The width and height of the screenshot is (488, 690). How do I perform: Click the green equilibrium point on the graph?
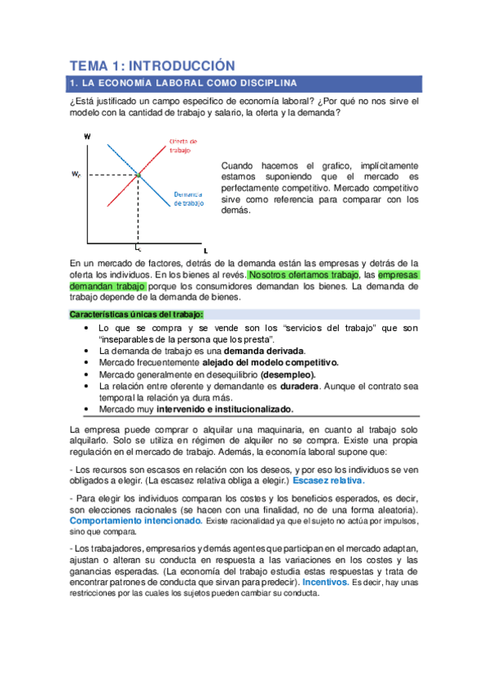click(138, 175)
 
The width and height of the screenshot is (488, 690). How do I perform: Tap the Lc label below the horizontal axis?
click(138, 247)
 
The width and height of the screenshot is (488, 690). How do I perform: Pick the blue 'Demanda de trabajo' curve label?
click(187, 198)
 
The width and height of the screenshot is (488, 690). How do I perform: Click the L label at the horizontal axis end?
click(205, 250)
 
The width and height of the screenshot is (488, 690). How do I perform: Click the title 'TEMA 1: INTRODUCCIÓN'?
click(152, 65)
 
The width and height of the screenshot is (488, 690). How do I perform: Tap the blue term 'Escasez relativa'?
click(332, 480)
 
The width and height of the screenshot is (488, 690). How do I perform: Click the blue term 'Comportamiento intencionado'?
click(135, 519)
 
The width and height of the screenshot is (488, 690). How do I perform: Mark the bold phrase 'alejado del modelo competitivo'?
click(270, 362)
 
